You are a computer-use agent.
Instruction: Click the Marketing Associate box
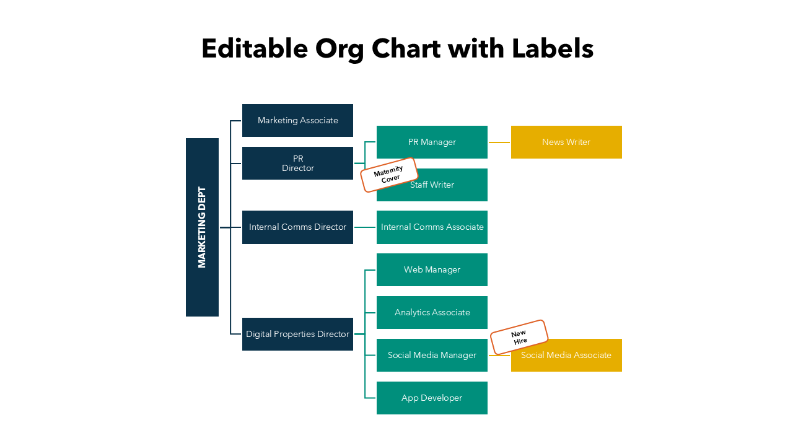tap(297, 120)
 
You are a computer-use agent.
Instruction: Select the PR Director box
tap(297, 164)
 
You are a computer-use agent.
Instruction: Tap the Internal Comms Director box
tap(297, 227)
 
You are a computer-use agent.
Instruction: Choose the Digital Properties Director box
tap(297, 334)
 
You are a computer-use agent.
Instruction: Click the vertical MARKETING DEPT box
tap(202, 227)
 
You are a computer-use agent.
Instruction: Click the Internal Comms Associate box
tap(432, 227)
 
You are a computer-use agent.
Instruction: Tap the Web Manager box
tap(432, 270)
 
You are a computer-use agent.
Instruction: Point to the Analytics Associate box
tap(432, 312)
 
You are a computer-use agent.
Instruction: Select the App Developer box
tap(432, 398)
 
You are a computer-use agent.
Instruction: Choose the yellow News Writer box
tap(566, 142)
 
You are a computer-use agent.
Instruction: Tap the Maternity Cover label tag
tap(388, 175)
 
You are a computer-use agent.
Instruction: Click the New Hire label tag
tap(519, 337)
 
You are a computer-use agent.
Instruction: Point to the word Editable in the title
tap(255, 48)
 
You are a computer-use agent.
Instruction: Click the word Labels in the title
tap(553, 48)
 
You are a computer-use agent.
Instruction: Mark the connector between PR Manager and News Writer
tap(499, 142)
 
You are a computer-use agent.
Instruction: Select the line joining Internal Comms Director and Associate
tap(365, 227)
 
